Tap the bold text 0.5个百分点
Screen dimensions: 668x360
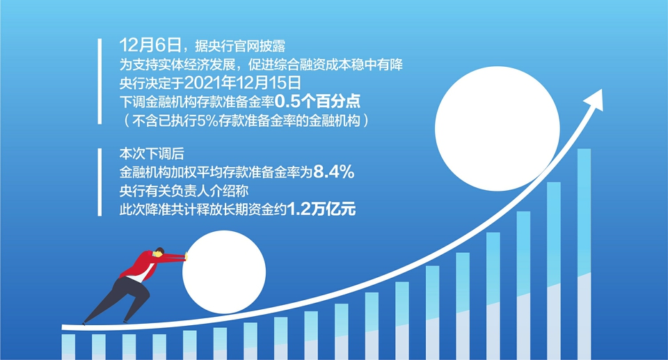[317, 101]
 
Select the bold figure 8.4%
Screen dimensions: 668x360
[333, 172]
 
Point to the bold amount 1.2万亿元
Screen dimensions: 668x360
[321, 210]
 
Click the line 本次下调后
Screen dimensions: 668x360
[152, 154]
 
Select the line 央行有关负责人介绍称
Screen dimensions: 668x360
[184, 191]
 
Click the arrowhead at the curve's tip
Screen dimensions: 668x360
[594, 100]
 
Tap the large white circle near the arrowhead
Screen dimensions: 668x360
[497, 129]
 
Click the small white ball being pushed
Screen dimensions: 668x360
[224, 272]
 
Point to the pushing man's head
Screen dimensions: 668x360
[159, 252]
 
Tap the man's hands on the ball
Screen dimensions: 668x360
[186, 257]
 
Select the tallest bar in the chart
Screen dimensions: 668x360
[584, 254]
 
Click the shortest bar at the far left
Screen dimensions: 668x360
[68, 347]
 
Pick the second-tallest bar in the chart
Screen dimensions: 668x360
[554, 271]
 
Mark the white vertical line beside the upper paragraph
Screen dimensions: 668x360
[100, 81]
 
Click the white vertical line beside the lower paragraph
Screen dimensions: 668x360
[100, 182]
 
